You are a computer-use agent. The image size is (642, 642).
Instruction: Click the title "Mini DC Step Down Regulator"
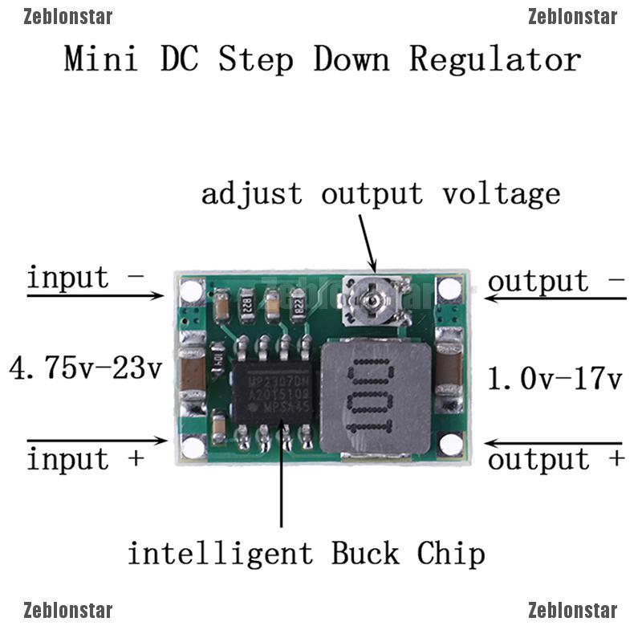pos(322,59)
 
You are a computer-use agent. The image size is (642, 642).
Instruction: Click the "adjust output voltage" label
pos(380,193)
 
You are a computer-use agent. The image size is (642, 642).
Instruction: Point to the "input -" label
pos(85,278)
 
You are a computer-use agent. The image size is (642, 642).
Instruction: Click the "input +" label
pos(85,459)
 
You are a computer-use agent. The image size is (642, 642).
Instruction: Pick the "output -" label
pos(555,281)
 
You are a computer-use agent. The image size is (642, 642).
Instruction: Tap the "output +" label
pos(555,459)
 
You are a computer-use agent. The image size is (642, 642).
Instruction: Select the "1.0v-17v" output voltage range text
pos(555,378)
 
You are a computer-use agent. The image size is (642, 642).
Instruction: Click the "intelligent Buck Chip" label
pos(307,553)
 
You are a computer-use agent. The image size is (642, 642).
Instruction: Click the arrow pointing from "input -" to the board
pos(96,295)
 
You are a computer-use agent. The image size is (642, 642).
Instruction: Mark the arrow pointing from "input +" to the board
pos(96,441)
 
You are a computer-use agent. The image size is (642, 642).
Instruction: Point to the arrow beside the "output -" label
pos(554,299)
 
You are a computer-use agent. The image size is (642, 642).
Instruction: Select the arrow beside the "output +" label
pos(554,443)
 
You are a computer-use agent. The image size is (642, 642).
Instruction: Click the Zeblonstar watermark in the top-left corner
pos(68,17)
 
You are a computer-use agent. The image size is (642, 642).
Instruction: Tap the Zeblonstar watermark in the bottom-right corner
pos(572,611)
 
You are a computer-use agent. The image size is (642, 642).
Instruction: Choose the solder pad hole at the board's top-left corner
pos(192,291)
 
